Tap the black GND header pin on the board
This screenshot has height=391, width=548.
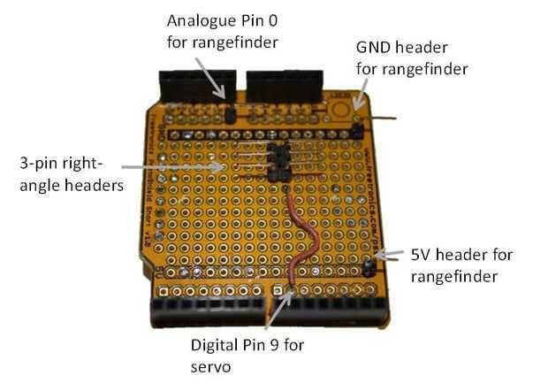point(355,130)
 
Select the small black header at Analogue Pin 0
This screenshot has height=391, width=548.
point(228,113)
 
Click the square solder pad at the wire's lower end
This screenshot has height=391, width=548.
point(278,290)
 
